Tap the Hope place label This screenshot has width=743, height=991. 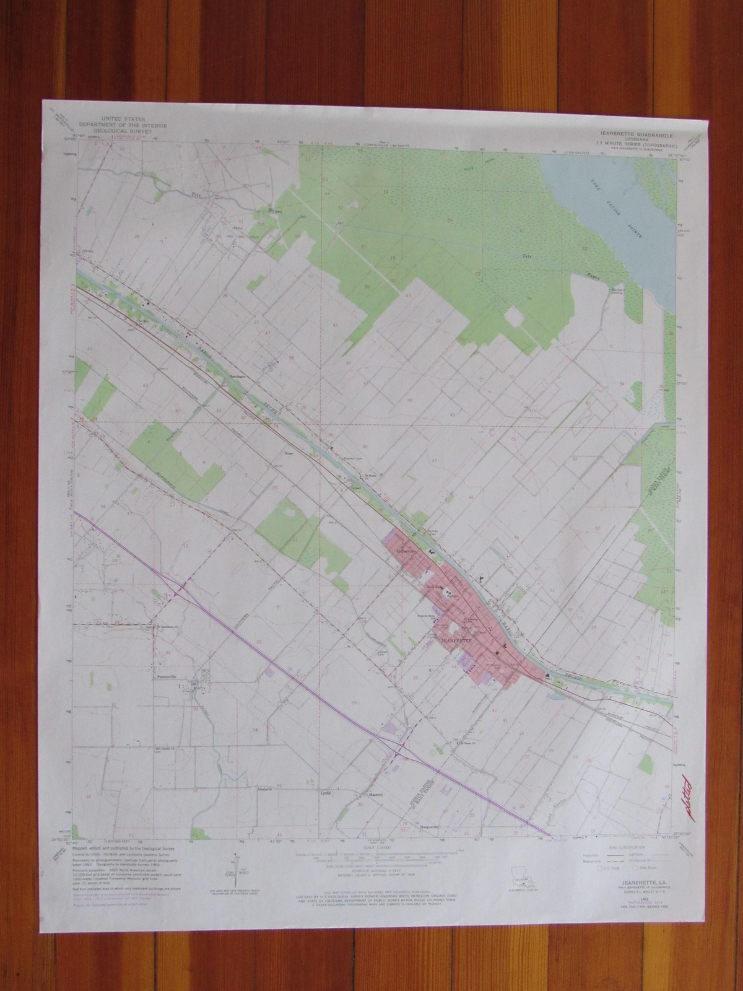[287, 453]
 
